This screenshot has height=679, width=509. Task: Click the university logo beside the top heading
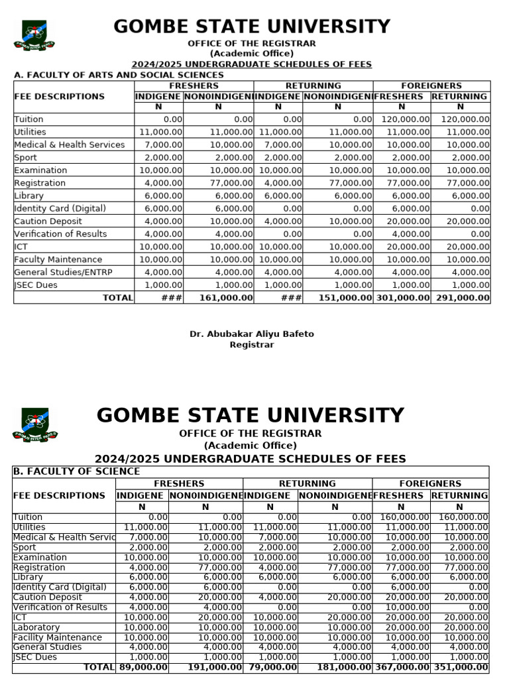(34, 35)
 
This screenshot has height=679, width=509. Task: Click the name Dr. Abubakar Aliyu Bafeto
(252, 334)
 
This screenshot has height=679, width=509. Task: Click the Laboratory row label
(36, 627)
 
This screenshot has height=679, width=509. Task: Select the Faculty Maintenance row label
(58, 260)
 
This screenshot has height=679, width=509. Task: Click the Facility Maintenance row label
(58, 637)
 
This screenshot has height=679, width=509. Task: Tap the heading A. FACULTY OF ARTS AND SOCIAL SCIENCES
(119, 75)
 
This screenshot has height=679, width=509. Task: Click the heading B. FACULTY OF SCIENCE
(76, 471)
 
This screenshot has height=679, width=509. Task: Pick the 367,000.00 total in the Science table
(402, 667)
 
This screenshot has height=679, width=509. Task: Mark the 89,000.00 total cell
(142, 667)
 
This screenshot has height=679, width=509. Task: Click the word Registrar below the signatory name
(252, 345)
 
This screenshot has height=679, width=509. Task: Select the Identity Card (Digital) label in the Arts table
(60, 208)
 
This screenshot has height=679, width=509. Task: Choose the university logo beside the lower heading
(34, 425)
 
